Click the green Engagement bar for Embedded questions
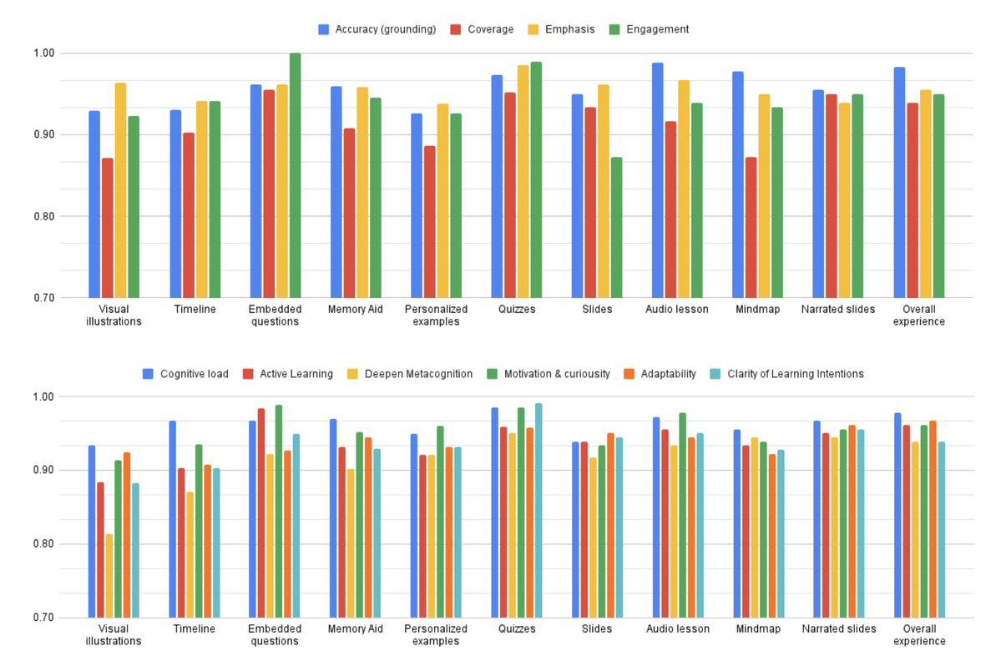pos(295,175)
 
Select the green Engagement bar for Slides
pos(616,227)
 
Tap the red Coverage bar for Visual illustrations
pos(107,227)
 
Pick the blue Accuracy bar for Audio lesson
pos(658,179)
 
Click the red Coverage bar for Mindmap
pos(751,227)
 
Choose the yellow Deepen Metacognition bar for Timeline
pos(190,554)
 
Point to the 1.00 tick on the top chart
pos(43,53)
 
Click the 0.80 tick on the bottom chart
pos(43,544)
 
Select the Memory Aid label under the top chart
pos(356,309)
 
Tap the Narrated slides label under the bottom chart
pos(839,628)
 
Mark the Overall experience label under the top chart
pos(919,315)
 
